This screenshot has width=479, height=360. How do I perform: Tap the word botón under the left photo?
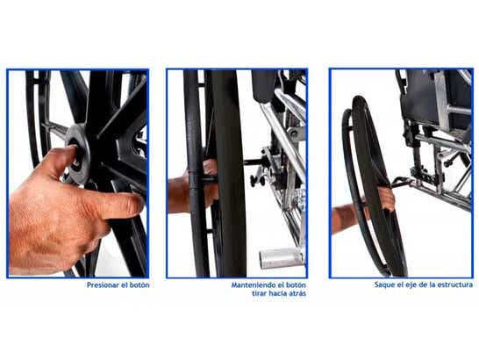tap(139, 285)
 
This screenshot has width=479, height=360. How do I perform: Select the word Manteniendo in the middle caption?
tap(249, 285)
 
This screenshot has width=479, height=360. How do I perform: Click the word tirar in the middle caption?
tap(258, 293)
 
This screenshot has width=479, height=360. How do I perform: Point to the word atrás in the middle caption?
tap(297, 293)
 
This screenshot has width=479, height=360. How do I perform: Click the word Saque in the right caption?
tap(382, 284)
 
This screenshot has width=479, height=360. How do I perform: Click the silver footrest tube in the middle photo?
tap(281, 258)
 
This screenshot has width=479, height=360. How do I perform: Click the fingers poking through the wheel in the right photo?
tap(386, 198)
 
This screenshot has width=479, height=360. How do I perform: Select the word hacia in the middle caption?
tap(277, 293)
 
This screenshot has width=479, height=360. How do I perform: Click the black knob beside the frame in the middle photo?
tap(256, 181)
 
